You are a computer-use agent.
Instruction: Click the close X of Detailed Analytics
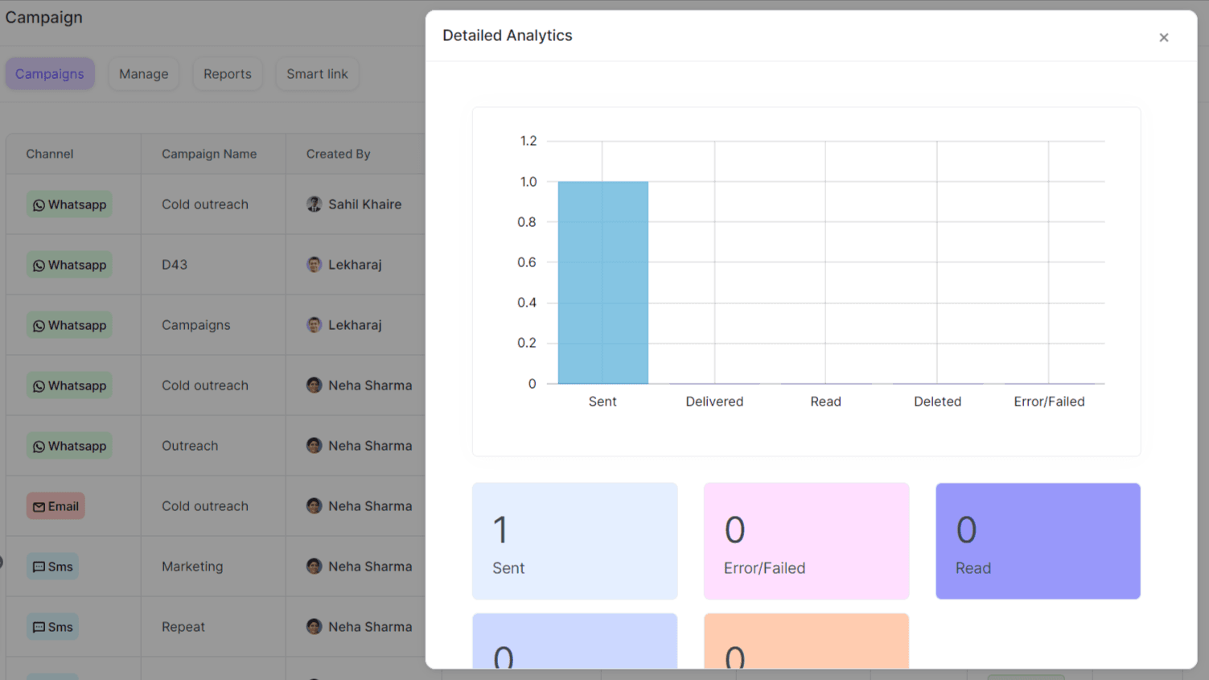(x=1163, y=38)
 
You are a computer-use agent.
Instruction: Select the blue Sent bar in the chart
(x=602, y=282)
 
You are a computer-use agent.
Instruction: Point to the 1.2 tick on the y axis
(x=528, y=141)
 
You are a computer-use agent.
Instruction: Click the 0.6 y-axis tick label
(x=527, y=262)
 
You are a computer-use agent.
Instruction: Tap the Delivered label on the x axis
(x=714, y=402)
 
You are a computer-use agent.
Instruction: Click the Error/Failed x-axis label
(x=1049, y=402)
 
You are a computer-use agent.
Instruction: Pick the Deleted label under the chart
(x=937, y=402)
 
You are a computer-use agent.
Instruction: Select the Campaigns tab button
(x=50, y=74)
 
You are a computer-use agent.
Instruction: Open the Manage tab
(x=144, y=74)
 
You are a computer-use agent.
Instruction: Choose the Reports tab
(x=228, y=74)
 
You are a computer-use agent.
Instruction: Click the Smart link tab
(x=317, y=74)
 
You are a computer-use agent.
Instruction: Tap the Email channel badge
(x=56, y=506)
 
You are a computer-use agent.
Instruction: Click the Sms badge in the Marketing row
(x=52, y=567)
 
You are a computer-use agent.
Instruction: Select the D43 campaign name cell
(x=175, y=265)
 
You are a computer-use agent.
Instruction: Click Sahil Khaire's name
(x=364, y=204)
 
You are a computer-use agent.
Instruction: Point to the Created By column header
(x=338, y=154)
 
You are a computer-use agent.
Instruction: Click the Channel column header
(x=49, y=154)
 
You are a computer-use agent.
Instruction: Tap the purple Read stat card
(x=1038, y=541)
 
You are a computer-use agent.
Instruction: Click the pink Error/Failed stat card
(x=806, y=541)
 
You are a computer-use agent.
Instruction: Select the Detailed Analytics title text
(x=508, y=35)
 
